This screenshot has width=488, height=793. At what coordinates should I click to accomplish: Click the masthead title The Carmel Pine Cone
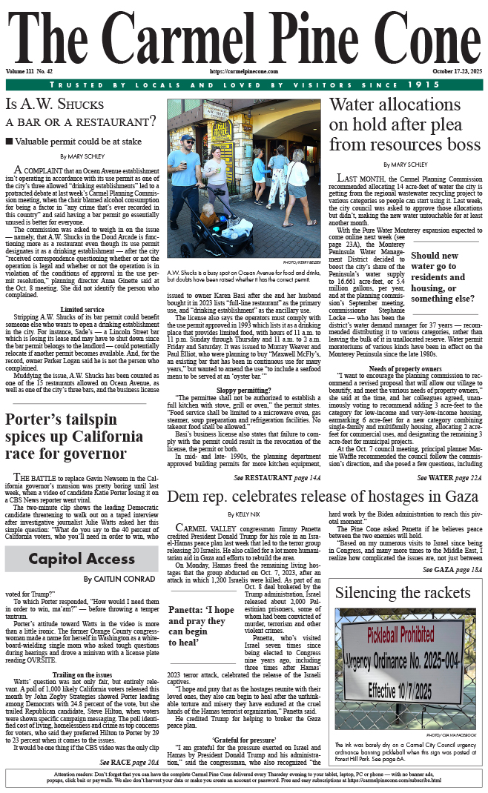pyautogui.click(x=243, y=35)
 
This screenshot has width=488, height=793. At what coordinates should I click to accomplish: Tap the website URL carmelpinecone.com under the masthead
pyautogui.click(x=243, y=71)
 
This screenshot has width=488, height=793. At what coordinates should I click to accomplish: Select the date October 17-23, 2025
pyautogui.click(x=457, y=71)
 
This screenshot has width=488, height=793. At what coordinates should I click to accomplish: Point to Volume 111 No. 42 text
pyautogui.click(x=29, y=71)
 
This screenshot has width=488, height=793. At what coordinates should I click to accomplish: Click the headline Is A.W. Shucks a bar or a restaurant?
pyautogui.click(x=80, y=112)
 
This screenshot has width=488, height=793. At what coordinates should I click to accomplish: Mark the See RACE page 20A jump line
pyautogui.click(x=129, y=761)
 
